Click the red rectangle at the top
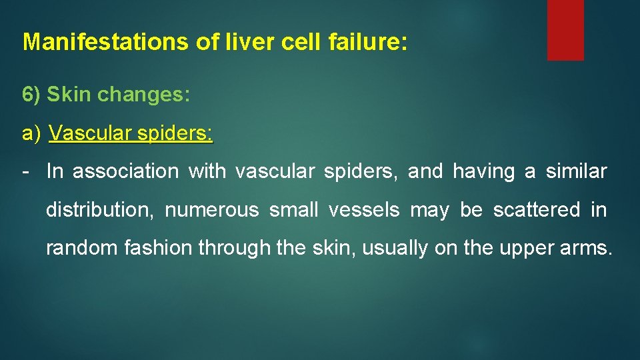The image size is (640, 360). (x=565, y=29)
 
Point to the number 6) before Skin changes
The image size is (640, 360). (x=31, y=95)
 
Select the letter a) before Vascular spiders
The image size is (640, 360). (x=32, y=133)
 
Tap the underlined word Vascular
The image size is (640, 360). (x=90, y=133)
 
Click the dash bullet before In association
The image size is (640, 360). (x=25, y=171)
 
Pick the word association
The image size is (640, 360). (x=125, y=171)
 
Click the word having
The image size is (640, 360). (x=483, y=171)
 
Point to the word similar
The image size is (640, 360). (x=576, y=171)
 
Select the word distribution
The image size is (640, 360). (x=99, y=210)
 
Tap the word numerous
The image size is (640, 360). (x=211, y=210)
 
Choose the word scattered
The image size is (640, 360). (x=537, y=210)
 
